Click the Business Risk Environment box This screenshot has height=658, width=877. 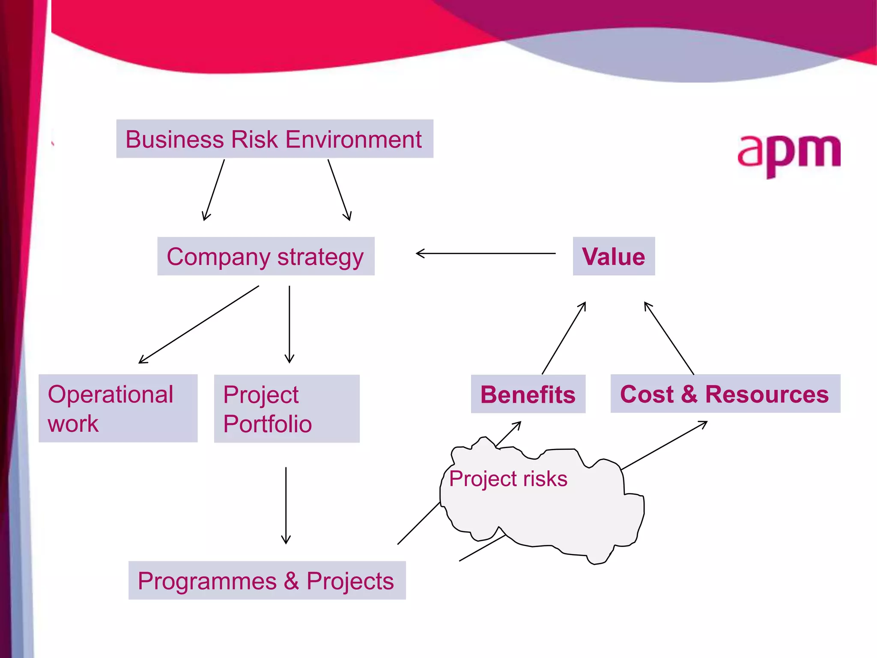pyautogui.click(x=274, y=139)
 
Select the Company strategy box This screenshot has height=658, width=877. pyautogui.click(x=265, y=256)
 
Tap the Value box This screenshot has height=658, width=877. pyautogui.click(x=613, y=256)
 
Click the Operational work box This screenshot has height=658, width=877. pyautogui.click(x=118, y=408)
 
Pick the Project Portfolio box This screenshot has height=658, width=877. pyautogui.click(x=286, y=408)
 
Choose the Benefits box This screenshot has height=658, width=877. pyautogui.click(x=528, y=394)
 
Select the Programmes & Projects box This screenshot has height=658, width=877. pyautogui.click(x=266, y=580)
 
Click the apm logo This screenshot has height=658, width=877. pyautogui.click(x=789, y=154)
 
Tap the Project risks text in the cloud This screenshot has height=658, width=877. pyautogui.click(x=508, y=479)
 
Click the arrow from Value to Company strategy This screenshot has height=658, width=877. pyautogui.click(x=486, y=253)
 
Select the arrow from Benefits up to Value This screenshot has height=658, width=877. pyautogui.click(x=564, y=338)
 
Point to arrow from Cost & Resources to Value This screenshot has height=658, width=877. pyautogui.click(x=669, y=338)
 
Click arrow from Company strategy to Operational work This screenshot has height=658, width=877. pyautogui.click(x=199, y=324)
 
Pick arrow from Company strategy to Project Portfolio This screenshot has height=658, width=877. pyautogui.click(x=289, y=324)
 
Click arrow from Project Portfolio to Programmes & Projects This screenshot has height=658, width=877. pyautogui.click(x=286, y=505)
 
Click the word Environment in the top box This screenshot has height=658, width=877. pyautogui.click(x=353, y=139)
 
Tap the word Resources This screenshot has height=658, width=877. pyautogui.click(x=767, y=394)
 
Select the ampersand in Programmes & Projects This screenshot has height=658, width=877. pyautogui.click(x=291, y=581)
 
